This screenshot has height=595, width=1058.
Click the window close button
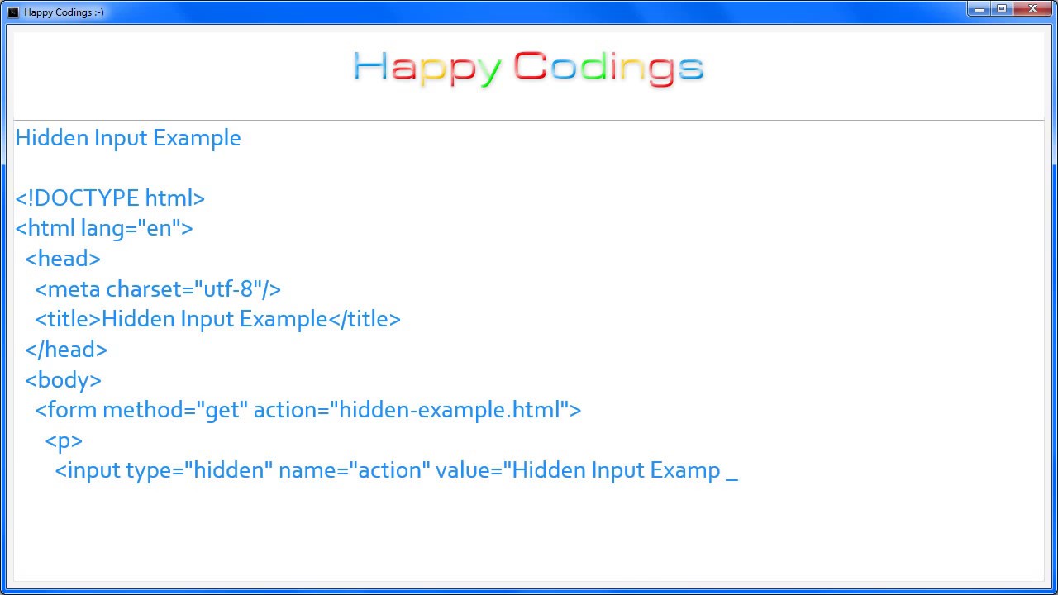coord(1032,9)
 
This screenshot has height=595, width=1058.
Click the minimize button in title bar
coord(979,9)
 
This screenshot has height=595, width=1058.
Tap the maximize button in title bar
coord(1002,9)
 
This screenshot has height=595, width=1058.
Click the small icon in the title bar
coord(13,12)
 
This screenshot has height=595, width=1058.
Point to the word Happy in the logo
coord(427,68)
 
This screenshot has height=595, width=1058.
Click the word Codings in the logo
coord(608,68)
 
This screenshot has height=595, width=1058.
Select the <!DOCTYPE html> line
coord(110,198)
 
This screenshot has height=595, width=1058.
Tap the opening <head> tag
coord(63,259)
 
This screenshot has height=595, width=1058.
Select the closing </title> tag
coord(365,319)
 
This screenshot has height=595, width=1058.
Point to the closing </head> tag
coord(66,350)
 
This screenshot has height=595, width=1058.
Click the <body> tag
coord(64,380)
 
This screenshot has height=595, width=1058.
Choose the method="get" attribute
coord(175,410)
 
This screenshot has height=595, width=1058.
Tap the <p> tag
coord(64,440)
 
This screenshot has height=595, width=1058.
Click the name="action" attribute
coord(355,470)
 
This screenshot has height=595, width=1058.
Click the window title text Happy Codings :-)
coord(64,12)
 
